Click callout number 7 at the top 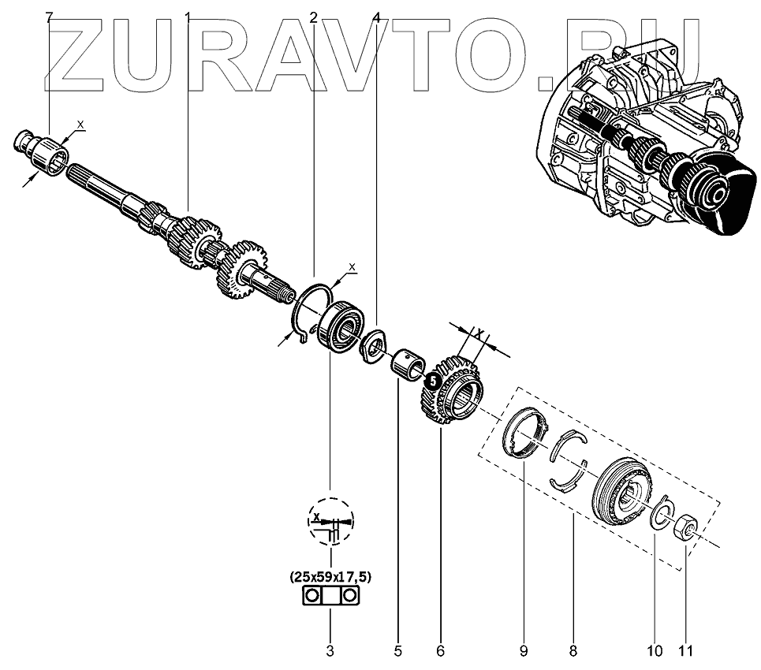click(50, 17)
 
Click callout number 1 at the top click(188, 17)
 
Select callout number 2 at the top click(313, 17)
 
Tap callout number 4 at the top click(376, 17)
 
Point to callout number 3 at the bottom click(330, 651)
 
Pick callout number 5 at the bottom click(398, 651)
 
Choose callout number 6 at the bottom click(440, 651)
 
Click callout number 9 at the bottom click(523, 651)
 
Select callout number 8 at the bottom click(573, 651)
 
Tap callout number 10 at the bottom click(655, 651)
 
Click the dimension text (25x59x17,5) click(330, 577)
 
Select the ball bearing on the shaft click(341, 325)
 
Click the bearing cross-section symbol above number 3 click(330, 597)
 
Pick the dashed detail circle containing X click(330, 521)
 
